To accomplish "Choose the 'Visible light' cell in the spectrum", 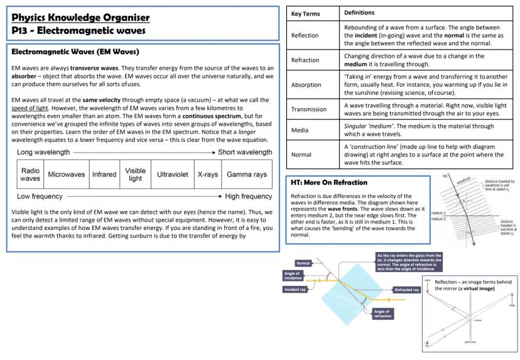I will pyautogui.click(x=135, y=175).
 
